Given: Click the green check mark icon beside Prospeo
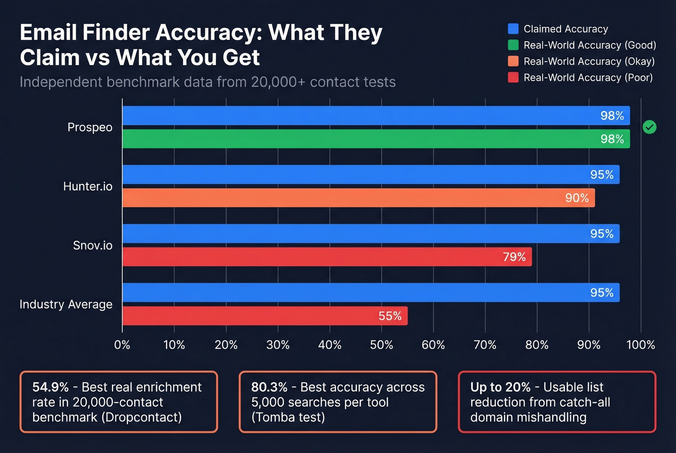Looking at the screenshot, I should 649,127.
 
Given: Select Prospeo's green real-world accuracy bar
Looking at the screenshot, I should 376,139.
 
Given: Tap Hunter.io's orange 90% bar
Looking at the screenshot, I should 358,198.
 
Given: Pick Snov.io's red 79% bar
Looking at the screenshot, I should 327,257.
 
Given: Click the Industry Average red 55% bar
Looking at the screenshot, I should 265,316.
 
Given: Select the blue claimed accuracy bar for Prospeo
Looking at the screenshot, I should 376,116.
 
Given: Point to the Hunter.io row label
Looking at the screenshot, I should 87,187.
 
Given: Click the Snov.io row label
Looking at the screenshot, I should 92,246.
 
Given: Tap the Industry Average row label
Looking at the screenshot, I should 66,304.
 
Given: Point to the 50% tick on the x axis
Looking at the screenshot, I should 381,345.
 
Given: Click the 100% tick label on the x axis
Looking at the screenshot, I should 640,345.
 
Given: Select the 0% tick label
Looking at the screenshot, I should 122,345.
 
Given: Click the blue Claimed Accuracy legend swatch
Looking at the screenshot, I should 513,29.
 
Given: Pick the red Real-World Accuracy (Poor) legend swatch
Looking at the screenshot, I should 513,78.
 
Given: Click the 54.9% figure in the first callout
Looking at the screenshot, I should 50,387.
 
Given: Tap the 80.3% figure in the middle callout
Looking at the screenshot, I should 269,387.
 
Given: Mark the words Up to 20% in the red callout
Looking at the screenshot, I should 500,387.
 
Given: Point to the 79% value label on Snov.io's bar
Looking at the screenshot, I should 514,257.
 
